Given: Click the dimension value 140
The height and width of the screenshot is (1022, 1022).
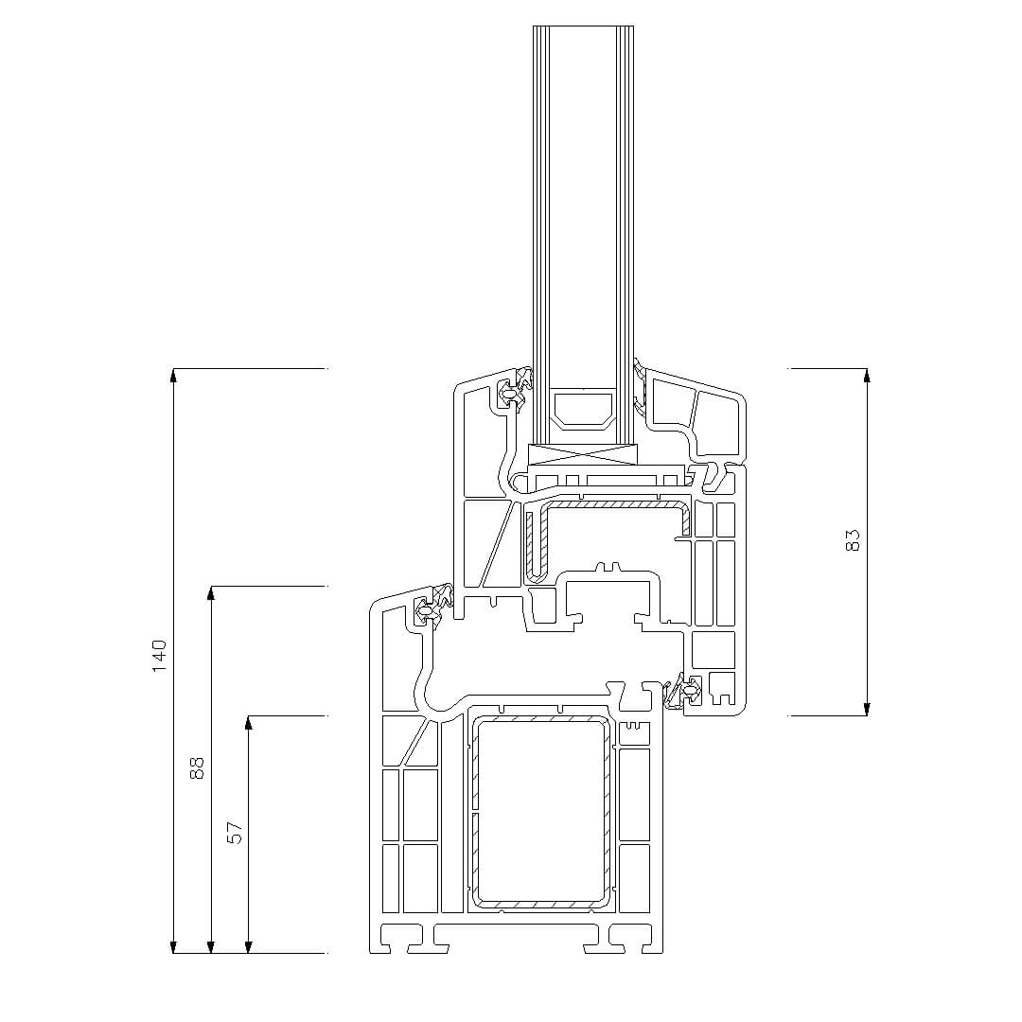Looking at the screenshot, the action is [160, 657].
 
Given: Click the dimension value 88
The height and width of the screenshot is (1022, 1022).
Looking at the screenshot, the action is [197, 767].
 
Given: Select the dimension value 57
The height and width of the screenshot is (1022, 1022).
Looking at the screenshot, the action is [235, 833].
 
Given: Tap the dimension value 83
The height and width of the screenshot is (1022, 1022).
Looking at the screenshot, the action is [853, 540].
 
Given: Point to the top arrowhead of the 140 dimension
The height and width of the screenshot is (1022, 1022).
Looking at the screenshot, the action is [173, 374].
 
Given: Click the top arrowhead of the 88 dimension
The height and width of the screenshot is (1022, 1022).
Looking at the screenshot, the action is [210, 591].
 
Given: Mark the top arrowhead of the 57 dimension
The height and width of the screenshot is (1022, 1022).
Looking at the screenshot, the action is [248, 721].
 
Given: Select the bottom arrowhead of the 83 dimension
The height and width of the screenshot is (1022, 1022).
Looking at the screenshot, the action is [866, 709].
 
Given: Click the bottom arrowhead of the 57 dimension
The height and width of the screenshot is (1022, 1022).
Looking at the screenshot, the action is [248, 946].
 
